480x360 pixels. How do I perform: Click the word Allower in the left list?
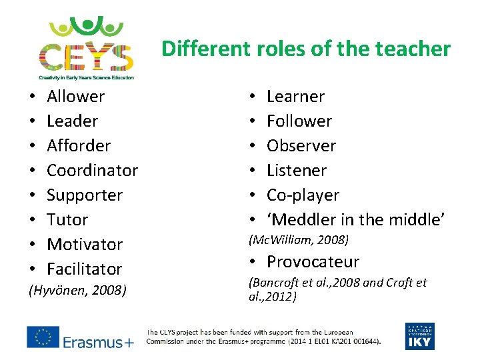(x=76, y=97)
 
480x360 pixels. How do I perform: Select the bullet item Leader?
(x=73, y=121)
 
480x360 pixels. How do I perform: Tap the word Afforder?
(x=79, y=146)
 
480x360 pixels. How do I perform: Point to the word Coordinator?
(x=92, y=171)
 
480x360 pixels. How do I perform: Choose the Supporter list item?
(x=85, y=195)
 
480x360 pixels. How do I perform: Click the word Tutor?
(x=67, y=220)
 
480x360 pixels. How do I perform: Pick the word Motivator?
(x=85, y=245)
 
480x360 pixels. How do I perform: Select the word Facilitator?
(x=85, y=269)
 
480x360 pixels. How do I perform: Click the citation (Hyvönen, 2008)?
(x=77, y=291)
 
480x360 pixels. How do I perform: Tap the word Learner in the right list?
(x=295, y=97)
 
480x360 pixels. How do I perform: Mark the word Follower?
(x=299, y=121)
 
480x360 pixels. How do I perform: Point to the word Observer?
(x=301, y=146)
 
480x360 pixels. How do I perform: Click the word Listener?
(x=297, y=171)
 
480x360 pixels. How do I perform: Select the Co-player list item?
(x=303, y=195)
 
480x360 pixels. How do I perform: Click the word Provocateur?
(x=313, y=262)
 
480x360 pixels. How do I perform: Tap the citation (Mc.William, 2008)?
(x=299, y=239)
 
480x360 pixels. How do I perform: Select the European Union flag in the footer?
(x=42, y=337)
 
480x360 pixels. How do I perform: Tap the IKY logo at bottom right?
(x=419, y=336)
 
